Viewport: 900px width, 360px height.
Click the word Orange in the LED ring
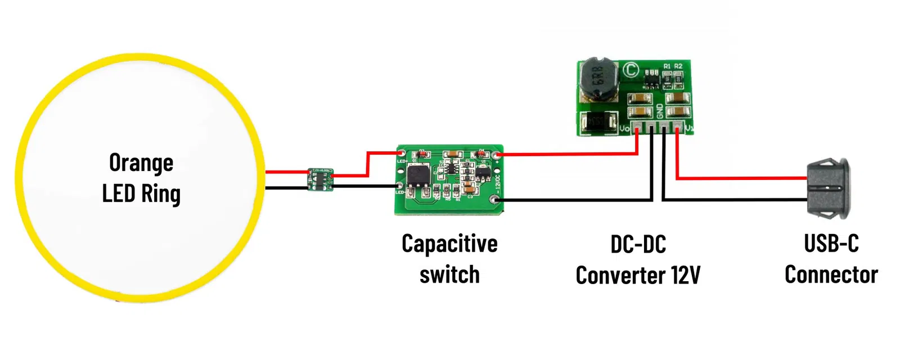click(141, 163)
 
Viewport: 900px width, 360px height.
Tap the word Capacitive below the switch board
click(449, 244)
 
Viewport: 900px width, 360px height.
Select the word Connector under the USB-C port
click(831, 275)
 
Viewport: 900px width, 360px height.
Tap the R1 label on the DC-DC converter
click(667, 66)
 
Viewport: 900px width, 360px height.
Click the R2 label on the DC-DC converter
click(678, 66)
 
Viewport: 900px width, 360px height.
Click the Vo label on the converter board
click(624, 129)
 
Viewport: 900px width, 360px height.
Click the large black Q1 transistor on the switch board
click(419, 176)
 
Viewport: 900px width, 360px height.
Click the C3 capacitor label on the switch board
click(470, 196)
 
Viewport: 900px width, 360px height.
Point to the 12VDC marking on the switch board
click(498, 183)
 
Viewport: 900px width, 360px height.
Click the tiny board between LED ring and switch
click(320, 179)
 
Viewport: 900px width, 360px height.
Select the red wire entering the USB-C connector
click(742, 178)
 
